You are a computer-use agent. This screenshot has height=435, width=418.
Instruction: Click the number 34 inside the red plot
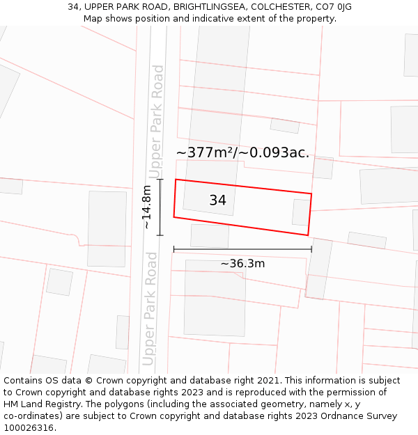tap(217, 200)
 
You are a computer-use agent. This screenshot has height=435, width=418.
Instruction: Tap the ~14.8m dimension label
tap(147, 207)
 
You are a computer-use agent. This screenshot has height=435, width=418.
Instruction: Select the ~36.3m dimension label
tap(242, 264)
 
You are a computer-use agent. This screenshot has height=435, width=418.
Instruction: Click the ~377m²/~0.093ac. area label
tap(242, 153)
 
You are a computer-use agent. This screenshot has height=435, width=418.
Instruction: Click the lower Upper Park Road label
tap(151, 308)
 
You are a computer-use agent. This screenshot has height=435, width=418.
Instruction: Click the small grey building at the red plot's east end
tap(301, 212)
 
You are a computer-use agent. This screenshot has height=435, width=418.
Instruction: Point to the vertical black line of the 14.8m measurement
tap(160, 207)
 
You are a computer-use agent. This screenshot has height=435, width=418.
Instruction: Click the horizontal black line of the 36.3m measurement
tap(242, 249)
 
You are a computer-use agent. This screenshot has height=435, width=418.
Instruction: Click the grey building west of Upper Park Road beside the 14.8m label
tap(107, 229)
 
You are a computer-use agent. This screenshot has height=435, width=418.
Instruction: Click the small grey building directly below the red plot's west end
tap(210, 235)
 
